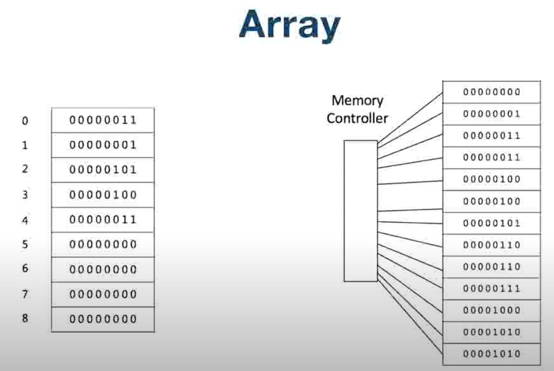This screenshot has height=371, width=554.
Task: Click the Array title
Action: click(290, 25)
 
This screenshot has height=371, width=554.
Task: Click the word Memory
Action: click(357, 100)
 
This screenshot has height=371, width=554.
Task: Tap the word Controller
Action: click(357, 118)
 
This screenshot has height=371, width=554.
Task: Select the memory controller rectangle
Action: click(361, 211)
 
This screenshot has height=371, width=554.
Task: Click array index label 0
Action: click(25, 121)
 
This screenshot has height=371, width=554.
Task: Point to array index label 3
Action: click(25, 195)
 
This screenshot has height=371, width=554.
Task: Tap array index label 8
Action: click(25, 318)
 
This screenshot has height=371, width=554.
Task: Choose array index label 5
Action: click(25, 244)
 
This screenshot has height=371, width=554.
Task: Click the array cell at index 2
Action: click(103, 170)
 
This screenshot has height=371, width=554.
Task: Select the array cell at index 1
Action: click(103, 145)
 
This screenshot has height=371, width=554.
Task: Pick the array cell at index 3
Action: click(103, 195)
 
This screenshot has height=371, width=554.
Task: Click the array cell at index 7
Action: click(103, 294)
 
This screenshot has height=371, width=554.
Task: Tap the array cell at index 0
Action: click(103, 120)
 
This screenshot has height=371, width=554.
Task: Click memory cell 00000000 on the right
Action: click(491, 92)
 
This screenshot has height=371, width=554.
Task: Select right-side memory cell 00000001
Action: click(491, 114)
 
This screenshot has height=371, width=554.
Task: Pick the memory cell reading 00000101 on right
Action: click(491, 223)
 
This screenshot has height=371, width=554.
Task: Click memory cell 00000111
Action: click(491, 289)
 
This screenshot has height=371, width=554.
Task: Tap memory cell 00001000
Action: click(491, 310)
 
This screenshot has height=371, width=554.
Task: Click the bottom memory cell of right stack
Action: click(491, 354)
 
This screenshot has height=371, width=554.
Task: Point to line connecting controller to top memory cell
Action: click(410, 118)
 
